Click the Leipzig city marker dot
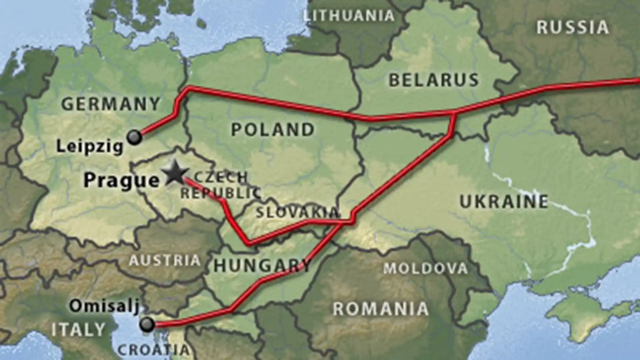click(135, 137)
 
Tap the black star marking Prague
click(175, 173)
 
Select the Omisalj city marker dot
click(147, 324)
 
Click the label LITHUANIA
click(349, 15)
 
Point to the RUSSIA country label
click(572, 27)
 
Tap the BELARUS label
click(434, 80)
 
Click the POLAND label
click(273, 129)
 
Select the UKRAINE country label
click(504, 201)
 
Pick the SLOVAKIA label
click(297, 212)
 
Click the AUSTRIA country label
click(165, 260)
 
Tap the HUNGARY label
click(262, 266)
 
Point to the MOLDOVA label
click(425, 268)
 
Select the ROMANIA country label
click(380, 309)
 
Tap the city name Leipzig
click(90, 146)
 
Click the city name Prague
click(122, 180)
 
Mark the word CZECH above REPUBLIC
click(221, 177)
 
